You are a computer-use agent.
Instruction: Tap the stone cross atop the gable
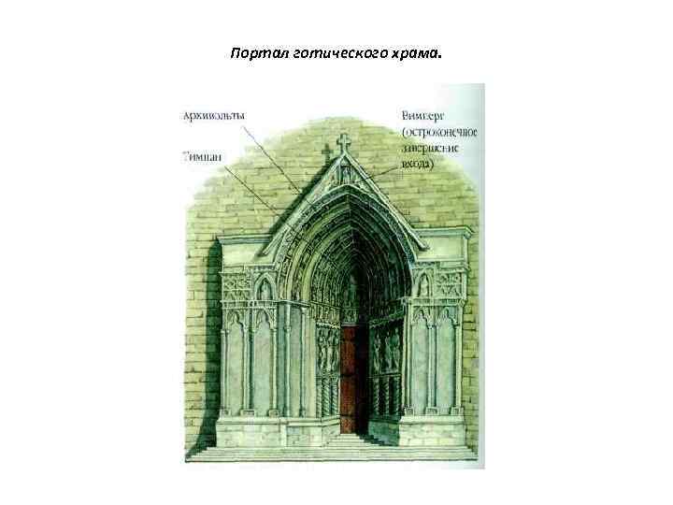pos(343,143)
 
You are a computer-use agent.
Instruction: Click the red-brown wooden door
pos(354,379)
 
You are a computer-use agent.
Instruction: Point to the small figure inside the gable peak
pos(343,174)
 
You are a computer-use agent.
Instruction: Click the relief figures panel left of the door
pos(325,352)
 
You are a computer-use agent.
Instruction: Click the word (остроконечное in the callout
pos(438,132)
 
